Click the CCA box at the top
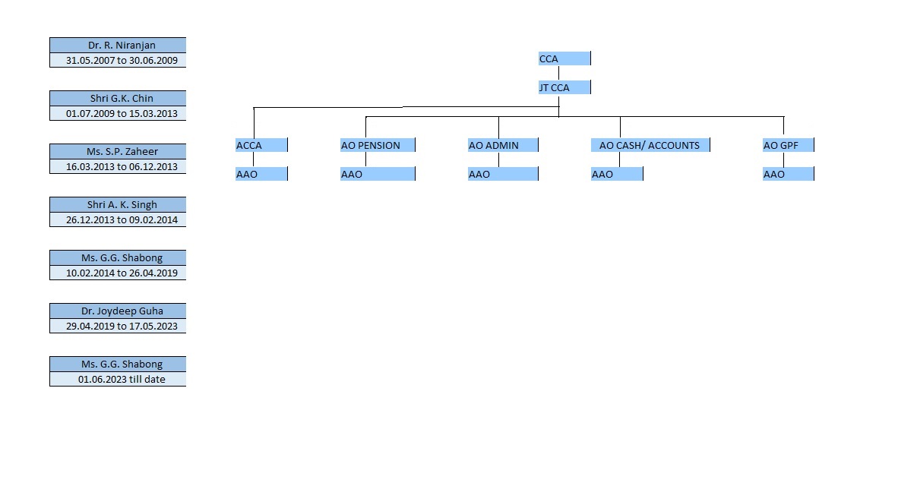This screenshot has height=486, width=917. pyautogui.click(x=564, y=58)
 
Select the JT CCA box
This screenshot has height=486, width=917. pyautogui.click(x=564, y=87)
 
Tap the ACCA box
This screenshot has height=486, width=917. pyautogui.click(x=261, y=145)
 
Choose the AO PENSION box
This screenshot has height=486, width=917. pyautogui.click(x=378, y=145)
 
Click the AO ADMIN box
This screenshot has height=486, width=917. pyautogui.click(x=503, y=145)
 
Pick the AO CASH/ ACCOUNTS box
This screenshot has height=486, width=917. pyautogui.click(x=650, y=145)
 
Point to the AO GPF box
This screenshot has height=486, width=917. pyautogui.click(x=789, y=145)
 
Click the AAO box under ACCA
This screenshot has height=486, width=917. pyautogui.click(x=261, y=174)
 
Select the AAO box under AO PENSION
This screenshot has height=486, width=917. pyautogui.click(x=378, y=174)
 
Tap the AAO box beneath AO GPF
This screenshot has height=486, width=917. pyautogui.click(x=789, y=174)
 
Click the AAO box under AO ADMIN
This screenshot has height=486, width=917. pyautogui.click(x=503, y=174)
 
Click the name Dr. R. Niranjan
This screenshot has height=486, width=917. pyautogui.click(x=122, y=45)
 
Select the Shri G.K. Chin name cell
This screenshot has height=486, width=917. pyautogui.click(x=118, y=98)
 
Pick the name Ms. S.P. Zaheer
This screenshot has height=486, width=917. pyautogui.click(x=122, y=151)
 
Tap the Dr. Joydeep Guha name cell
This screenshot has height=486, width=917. pyautogui.click(x=118, y=311)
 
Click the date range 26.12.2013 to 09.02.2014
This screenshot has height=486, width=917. pyautogui.click(x=122, y=219)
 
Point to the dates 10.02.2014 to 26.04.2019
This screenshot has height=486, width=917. pyautogui.click(x=122, y=273)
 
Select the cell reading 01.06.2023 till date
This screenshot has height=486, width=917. pyautogui.click(x=118, y=379)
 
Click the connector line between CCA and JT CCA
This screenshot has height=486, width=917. pyautogui.click(x=559, y=73)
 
